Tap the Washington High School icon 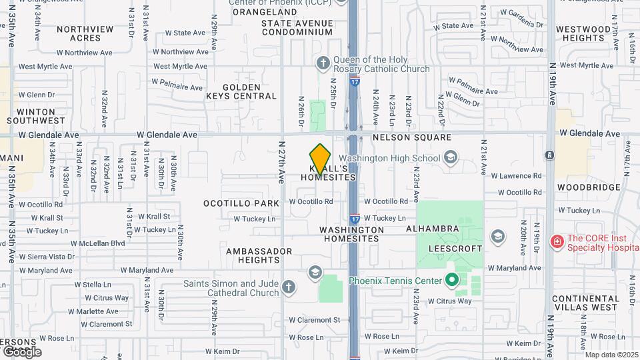[450, 158]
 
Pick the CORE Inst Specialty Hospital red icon [557, 241]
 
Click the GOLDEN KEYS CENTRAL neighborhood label [241, 91]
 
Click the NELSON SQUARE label [412, 137]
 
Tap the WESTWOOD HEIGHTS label [583, 33]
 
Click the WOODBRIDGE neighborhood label [589, 188]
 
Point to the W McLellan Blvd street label [97, 243]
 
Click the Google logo [22, 351]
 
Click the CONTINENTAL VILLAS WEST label [585, 303]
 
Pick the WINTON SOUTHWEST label [37, 116]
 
